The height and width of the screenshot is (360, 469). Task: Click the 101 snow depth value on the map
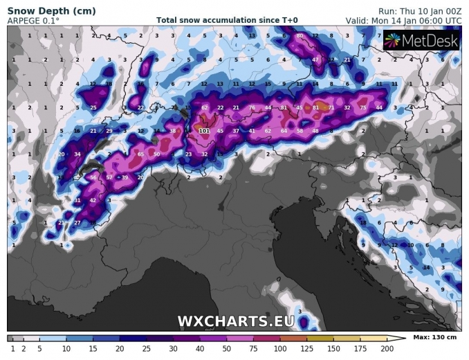click(204, 130)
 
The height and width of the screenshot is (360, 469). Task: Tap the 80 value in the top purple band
click(300, 35)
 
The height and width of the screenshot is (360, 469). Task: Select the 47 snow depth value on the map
click(315, 60)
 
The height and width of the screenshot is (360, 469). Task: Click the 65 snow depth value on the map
click(140, 154)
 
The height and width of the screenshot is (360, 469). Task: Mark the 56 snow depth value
click(94, 177)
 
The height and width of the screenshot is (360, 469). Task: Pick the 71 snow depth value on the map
click(331, 107)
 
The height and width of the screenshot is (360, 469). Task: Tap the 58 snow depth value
click(300, 130)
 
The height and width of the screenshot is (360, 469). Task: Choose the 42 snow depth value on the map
click(93, 200)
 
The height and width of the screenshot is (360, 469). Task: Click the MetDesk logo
click(421, 42)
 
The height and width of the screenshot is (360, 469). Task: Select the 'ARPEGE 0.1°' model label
click(33, 21)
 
